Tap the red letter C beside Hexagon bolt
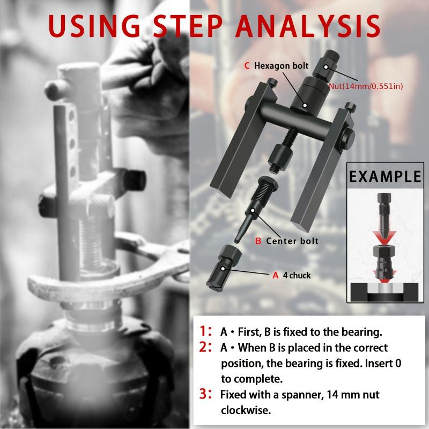click(x=247, y=66)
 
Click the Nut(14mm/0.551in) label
click(x=366, y=86)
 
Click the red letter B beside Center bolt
click(x=258, y=241)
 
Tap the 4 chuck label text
click(x=297, y=276)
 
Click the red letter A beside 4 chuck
click(x=276, y=276)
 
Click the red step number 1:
click(x=206, y=331)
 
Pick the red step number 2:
click(x=206, y=347)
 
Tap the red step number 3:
click(x=206, y=395)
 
